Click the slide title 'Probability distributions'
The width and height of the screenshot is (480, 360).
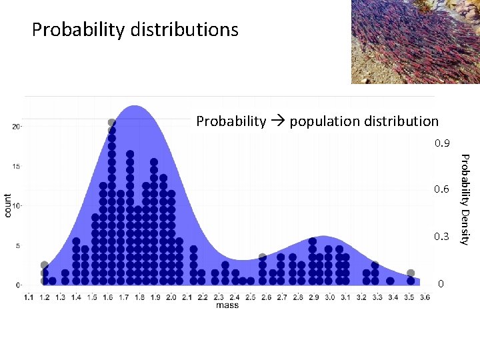135,30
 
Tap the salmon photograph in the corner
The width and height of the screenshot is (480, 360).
415,41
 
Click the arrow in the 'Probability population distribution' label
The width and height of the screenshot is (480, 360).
278,121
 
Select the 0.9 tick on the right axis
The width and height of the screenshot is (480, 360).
442,143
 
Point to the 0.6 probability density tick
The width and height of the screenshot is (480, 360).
442,190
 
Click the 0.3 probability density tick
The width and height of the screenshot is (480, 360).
442,237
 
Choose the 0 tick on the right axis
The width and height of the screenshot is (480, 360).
441,284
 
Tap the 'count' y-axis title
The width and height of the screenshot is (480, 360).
8,205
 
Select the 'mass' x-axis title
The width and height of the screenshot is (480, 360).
227,305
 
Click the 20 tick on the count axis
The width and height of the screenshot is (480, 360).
15,127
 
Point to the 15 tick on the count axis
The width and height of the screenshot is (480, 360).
15,166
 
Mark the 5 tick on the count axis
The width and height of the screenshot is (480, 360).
17,245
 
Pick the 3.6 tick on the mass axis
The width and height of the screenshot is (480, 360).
424,297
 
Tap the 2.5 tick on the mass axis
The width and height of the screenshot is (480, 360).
251,297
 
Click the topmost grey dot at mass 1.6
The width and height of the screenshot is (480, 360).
111,123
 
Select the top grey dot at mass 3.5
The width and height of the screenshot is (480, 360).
411,273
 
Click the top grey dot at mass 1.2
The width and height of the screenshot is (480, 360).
45,265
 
